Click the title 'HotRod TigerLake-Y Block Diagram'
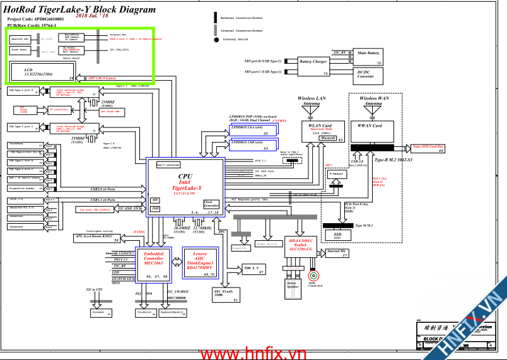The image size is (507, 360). (79, 9)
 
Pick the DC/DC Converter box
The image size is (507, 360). (366, 75)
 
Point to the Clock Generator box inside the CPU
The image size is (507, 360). (211, 204)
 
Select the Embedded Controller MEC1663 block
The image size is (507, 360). (154, 258)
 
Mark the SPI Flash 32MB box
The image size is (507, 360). (226, 294)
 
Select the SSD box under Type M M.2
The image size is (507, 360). (337, 235)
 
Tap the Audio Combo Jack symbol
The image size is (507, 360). (312, 276)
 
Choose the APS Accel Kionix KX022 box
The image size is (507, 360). (98, 238)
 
